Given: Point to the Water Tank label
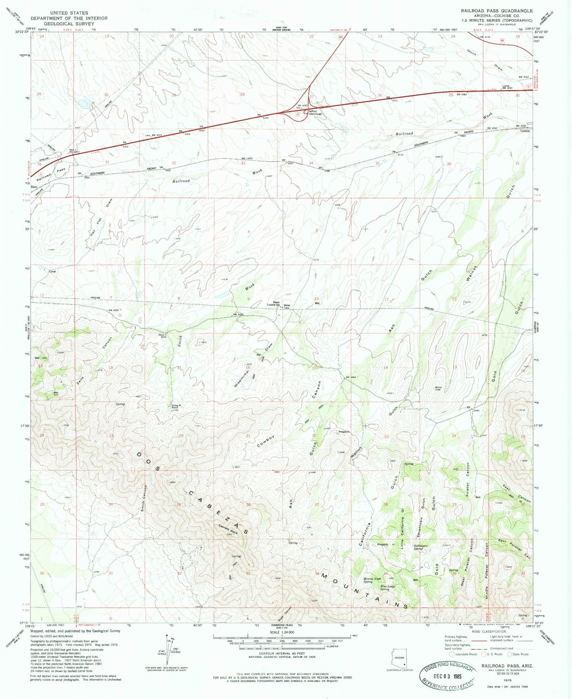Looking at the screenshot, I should coord(287,306).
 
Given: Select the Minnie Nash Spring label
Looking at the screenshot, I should coord(368,580).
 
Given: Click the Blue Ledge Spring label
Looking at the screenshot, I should coord(388,587).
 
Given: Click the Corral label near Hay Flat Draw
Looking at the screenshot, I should coord(52,271).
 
